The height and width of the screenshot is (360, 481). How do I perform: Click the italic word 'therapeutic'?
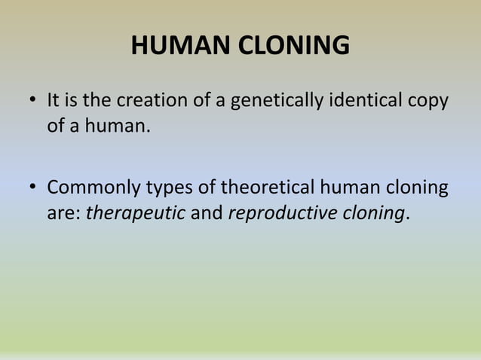(136, 213)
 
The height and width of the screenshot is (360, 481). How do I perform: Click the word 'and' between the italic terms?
(207, 213)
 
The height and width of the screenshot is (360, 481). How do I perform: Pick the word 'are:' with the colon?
(64, 213)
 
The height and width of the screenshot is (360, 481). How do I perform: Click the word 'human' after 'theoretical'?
(353, 187)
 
